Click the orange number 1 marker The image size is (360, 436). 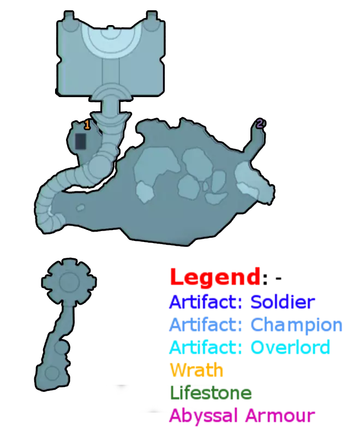pyautogui.click(x=87, y=125)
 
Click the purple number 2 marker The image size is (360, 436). pyautogui.click(x=260, y=123)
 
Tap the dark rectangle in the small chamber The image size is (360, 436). pyautogui.click(x=81, y=141)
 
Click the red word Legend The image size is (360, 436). pyautogui.click(x=215, y=277)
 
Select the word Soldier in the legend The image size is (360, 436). pyautogui.click(x=283, y=302)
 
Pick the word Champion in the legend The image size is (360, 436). pyautogui.click(x=297, y=325)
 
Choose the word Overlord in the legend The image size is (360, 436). pyautogui.click(x=290, y=347)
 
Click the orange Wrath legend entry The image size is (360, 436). pyautogui.click(x=196, y=370)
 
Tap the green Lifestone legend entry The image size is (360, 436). pyautogui.click(x=211, y=392)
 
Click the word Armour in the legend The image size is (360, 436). pyautogui.click(x=280, y=415)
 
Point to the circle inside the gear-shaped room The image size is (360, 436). pyautogui.click(x=69, y=281)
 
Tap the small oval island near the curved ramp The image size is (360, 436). pyautogui.click(x=80, y=208)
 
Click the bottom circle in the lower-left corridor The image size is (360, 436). pyautogui.click(x=52, y=373)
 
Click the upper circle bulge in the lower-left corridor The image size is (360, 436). pyautogui.click(x=62, y=347)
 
